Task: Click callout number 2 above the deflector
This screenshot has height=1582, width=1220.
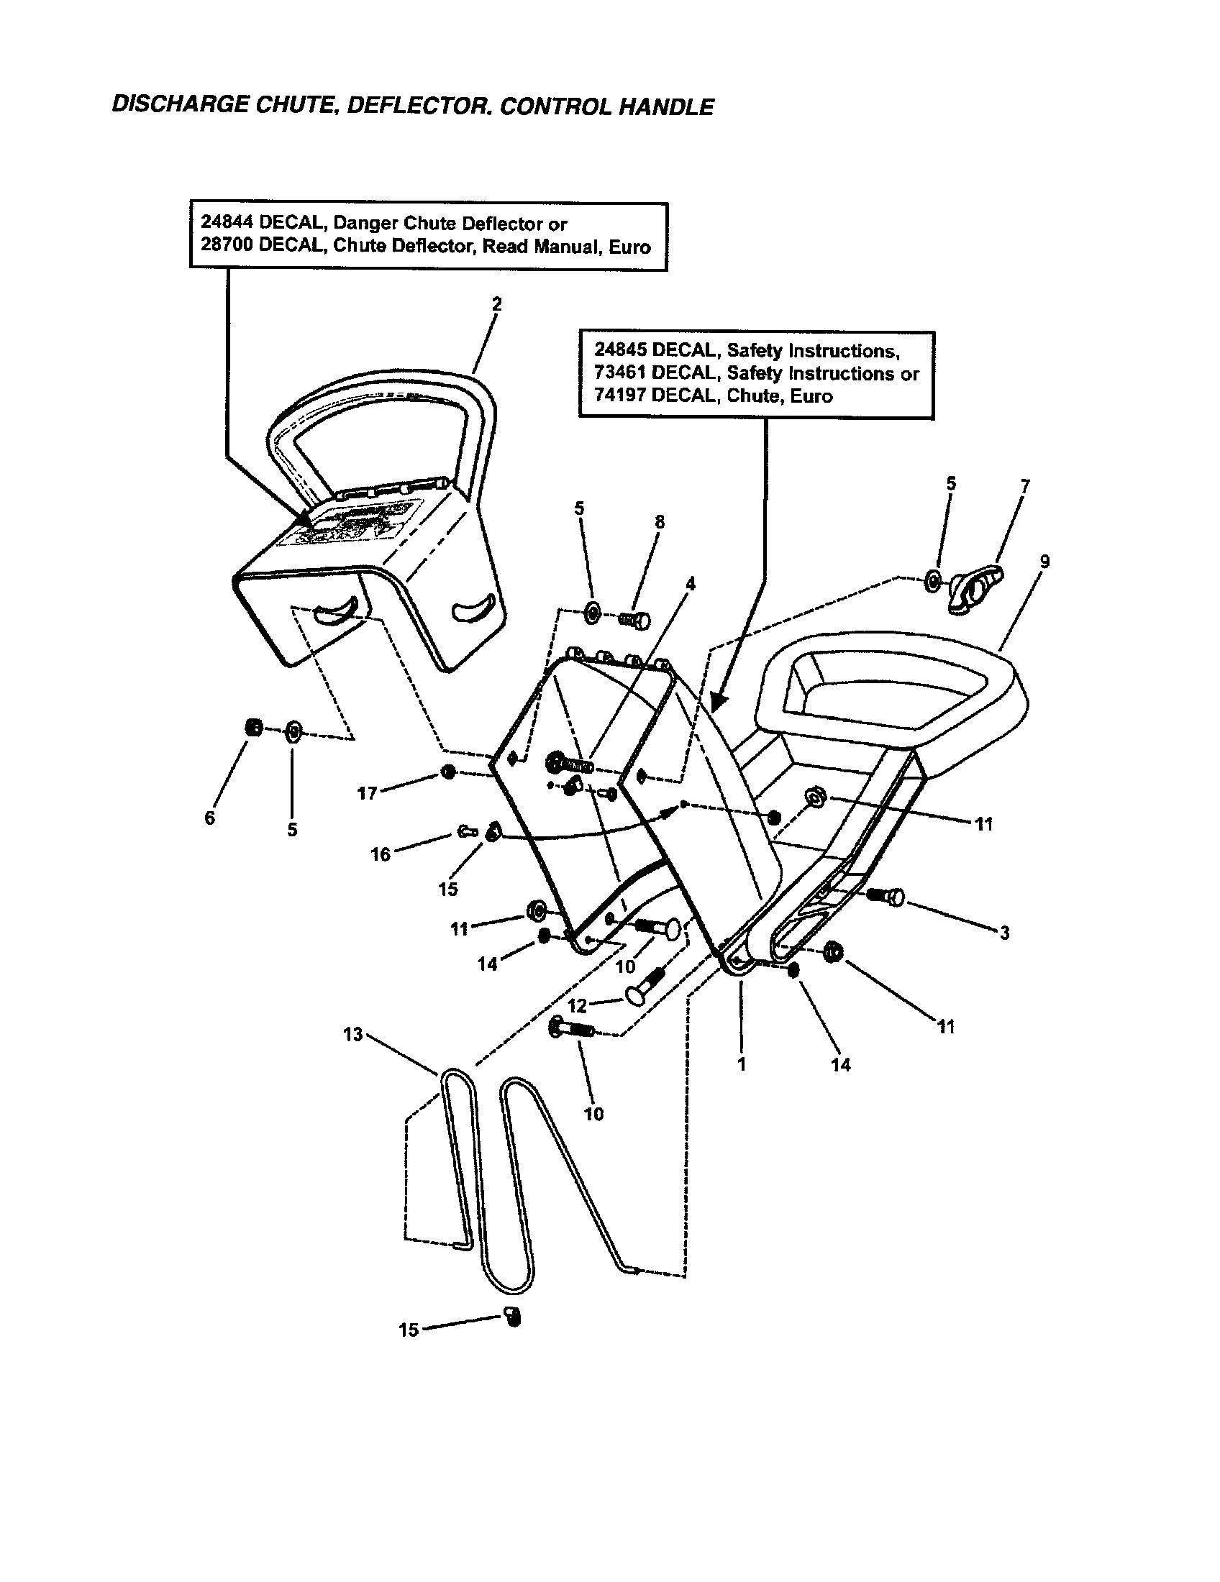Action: pyautogui.click(x=496, y=304)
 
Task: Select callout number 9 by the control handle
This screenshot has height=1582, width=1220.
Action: pyautogui.click(x=1044, y=562)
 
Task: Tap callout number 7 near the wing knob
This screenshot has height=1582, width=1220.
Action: pyautogui.click(x=1025, y=485)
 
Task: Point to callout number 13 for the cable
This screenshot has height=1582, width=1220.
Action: pyautogui.click(x=352, y=1034)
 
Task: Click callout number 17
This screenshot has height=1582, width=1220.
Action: pyautogui.click(x=368, y=793)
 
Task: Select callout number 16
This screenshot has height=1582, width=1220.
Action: pyautogui.click(x=381, y=854)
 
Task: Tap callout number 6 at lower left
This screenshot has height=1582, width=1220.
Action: pyautogui.click(x=210, y=818)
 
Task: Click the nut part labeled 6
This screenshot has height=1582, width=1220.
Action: pyautogui.click(x=255, y=728)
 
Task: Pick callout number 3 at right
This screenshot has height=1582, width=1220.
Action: pyautogui.click(x=1004, y=933)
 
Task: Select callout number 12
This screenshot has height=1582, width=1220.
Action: pyautogui.click(x=577, y=1005)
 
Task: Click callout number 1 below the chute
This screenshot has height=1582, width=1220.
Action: pyautogui.click(x=741, y=1065)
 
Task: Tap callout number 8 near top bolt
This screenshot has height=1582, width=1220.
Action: pyautogui.click(x=659, y=522)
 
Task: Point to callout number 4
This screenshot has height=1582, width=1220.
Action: pyautogui.click(x=691, y=583)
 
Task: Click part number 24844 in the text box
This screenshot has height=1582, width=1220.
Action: pyautogui.click(x=227, y=223)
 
